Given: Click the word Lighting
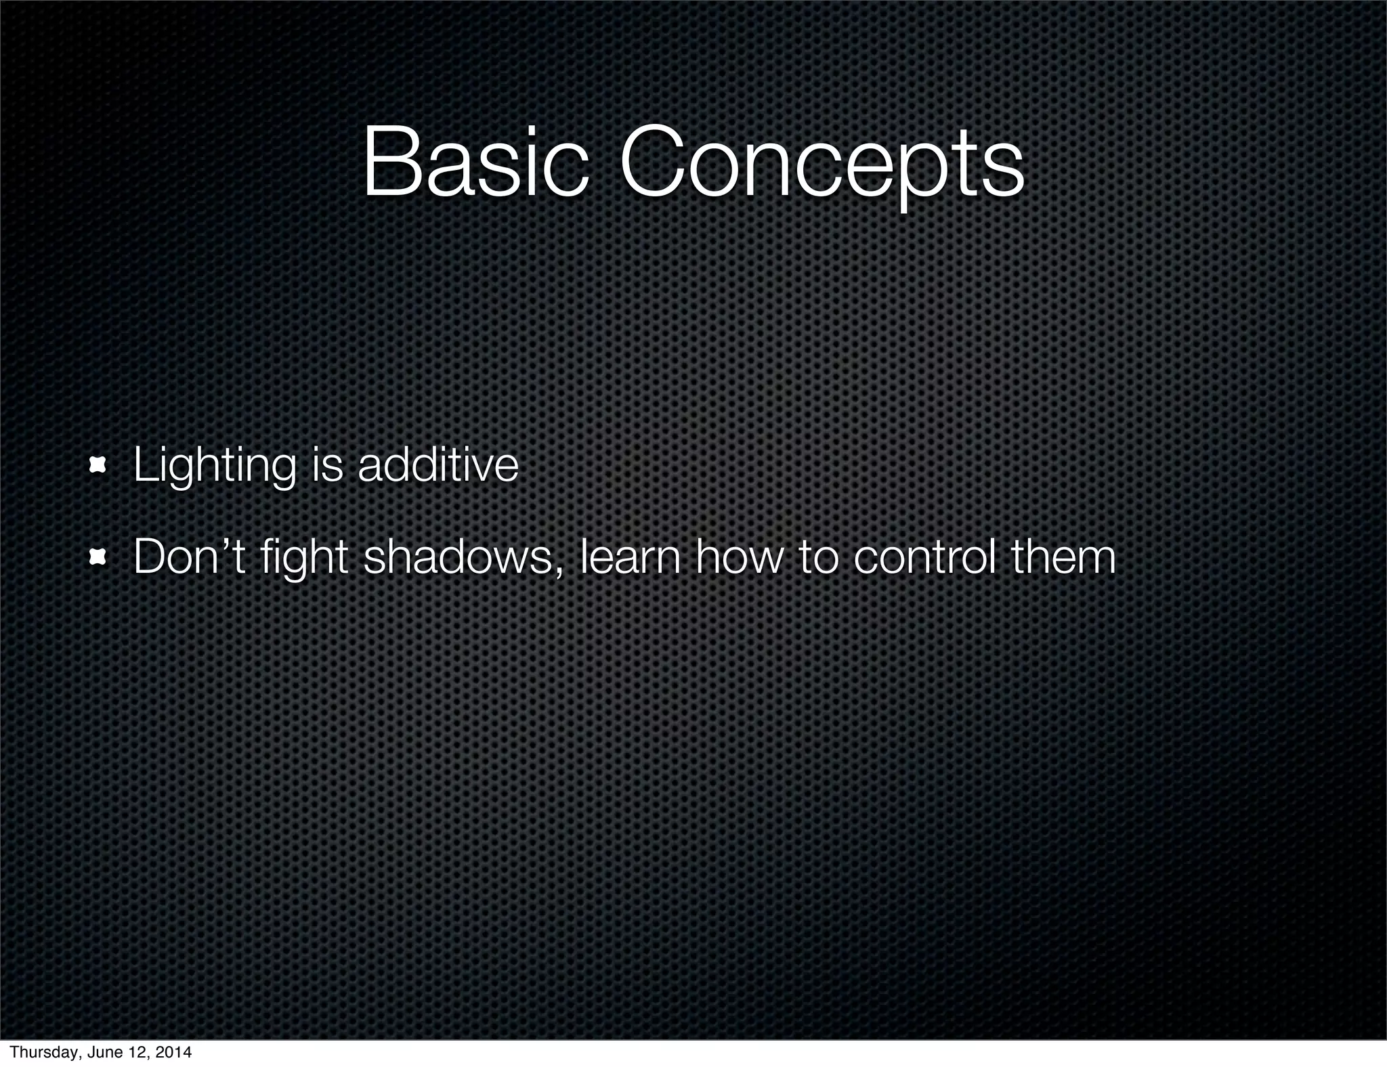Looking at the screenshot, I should (x=215, y=467).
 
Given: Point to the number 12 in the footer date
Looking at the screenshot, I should (x=137, y=1052).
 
